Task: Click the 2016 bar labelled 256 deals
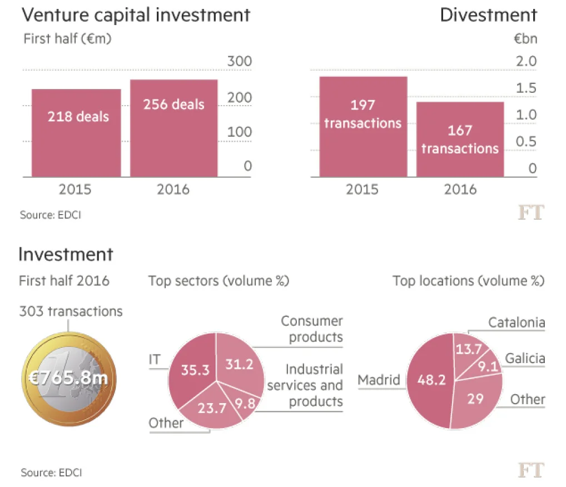click(x=173, y=128)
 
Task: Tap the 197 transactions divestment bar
click(x=363, y=127)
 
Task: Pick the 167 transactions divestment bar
click(x=460, y=140)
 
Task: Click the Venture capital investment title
click(x=136, y=15)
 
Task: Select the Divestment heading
click(x=488, y=15)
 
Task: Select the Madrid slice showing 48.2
click(x=431, y=381)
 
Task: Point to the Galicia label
click(x=524, y=359)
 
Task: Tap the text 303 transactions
click(x=71, y=311)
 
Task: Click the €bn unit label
click(x=525, y=39)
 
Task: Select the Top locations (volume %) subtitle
click(x=468, y=281)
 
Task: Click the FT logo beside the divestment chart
click(x=531, y=212)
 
